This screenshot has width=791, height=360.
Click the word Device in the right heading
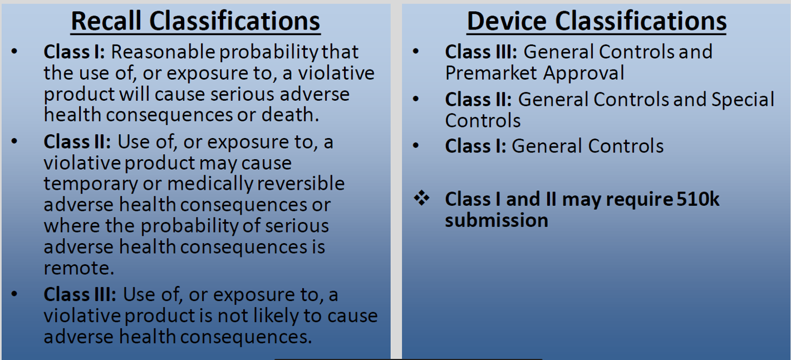pyautogui.click(x=507, y=21)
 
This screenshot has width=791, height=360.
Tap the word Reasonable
pyautogui.click(x=163, y=52)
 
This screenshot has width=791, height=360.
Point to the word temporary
pyautogui.click(x=91, y=184)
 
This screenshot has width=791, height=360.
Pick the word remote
pyautogui.click(x=79, y=268)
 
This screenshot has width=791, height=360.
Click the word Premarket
pyautogui.click(x=491, y=73)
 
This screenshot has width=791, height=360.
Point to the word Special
pyautogui.click(x=743, y=100)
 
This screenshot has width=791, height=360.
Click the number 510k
pyautogui.click(x=698, y=199)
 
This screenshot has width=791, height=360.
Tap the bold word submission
pyautogui.click(x=497, y=220)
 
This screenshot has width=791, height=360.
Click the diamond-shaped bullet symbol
pyautogui.click(x=421, y=198)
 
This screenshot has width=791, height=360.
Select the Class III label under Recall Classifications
pyautogui.click(x=80, y=294)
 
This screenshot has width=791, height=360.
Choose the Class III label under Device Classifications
pyautogui.click(x=482, y=52)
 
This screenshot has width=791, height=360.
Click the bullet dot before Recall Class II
pyautogui.click(x=14, y=141)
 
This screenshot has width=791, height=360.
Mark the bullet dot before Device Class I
pyautogui.click(x=416, y=145)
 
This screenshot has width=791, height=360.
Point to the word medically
pyautogui.click(x=210, y=184)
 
